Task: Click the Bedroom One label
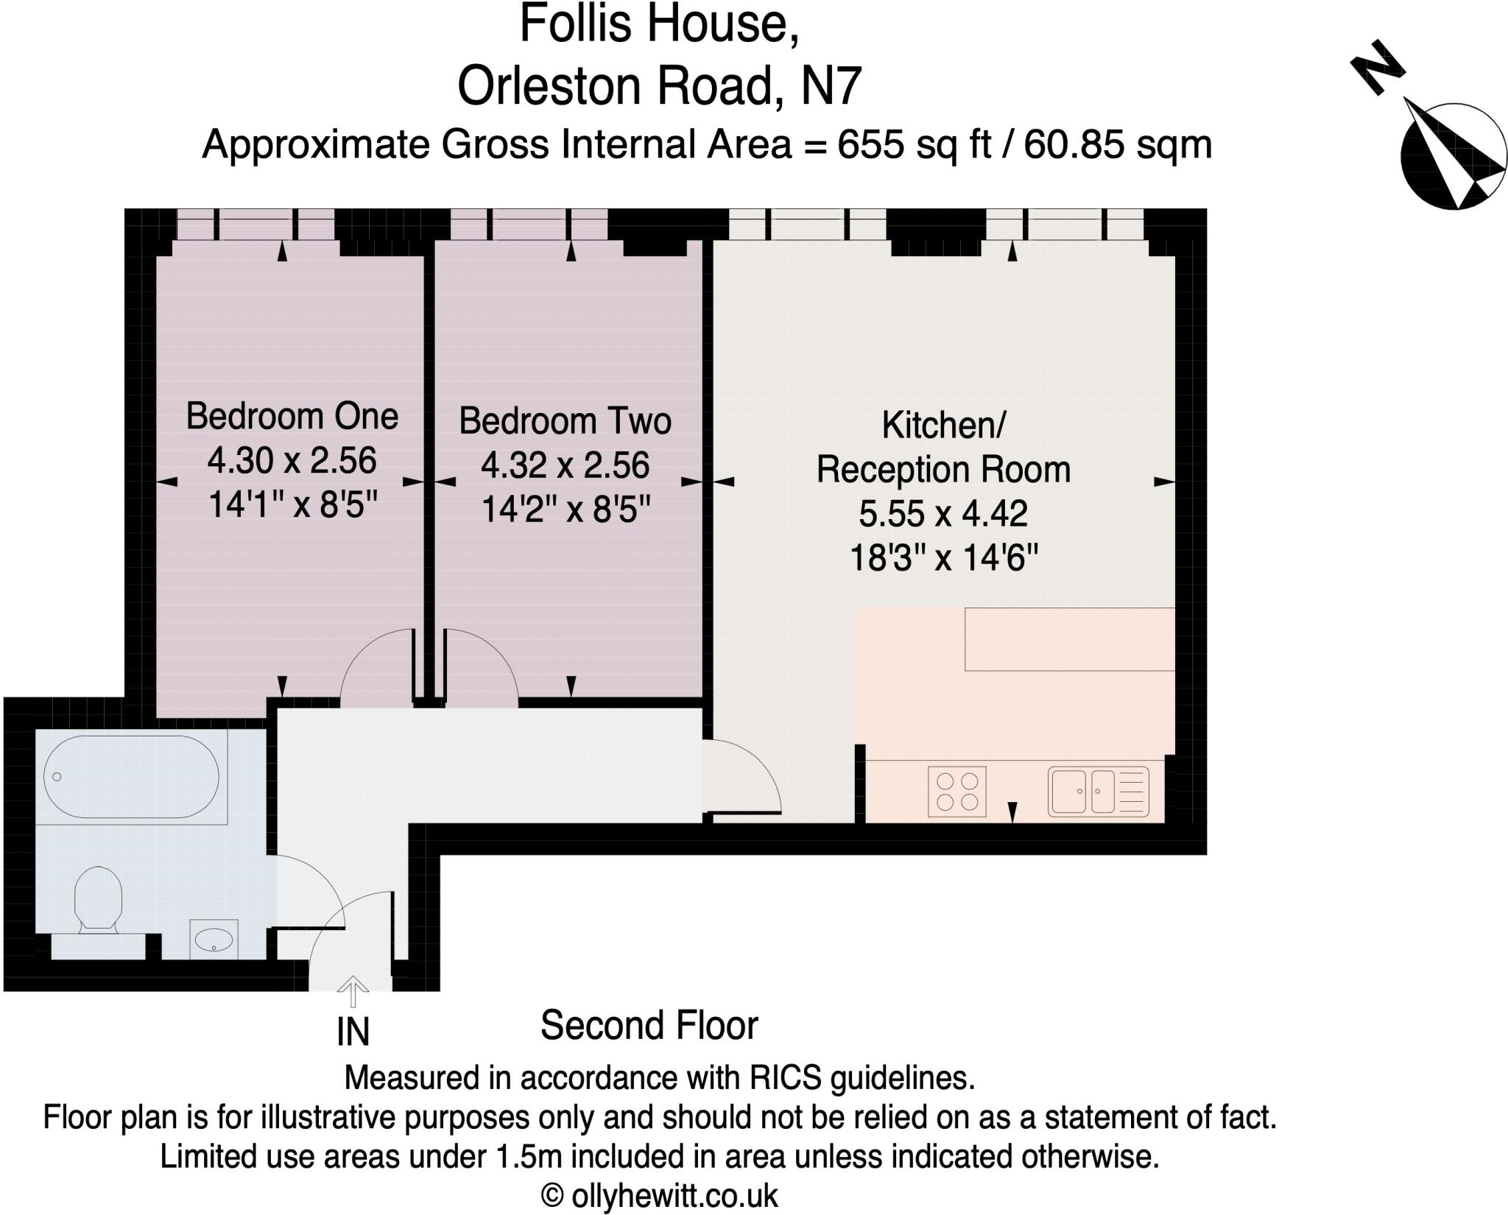click(x=292, y=417)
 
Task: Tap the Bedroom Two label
click(x=565, y=421)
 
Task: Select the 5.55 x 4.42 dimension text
click(x=943, y=514)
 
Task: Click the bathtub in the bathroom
click(x=131, y=777)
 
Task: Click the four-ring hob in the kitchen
click(x=956, y=792)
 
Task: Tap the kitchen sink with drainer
click(x=1098, y=792)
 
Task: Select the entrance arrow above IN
click(x=353, y=991)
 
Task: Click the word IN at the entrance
click(x=353, y=1032)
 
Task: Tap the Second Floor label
click(x=649, y=1026)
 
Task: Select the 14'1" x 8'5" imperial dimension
click(x=292, y=505)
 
